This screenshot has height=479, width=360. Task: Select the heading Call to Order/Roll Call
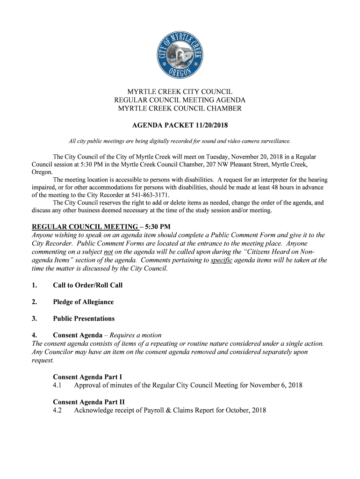pyautogui.click(x=87, y=285)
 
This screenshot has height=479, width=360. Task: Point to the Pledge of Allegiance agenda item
pyautogui.click(x=83, y=302)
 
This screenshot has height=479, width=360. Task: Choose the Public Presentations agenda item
pyautogui.click(x=84, y=319)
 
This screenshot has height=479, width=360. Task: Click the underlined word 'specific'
pyautogui.click(x=222, y=260)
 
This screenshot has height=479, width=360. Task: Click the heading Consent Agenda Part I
pyautogui.click(x=87, y=377)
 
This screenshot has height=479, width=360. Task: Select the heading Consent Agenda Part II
pyautogui.click(x=89, y=402)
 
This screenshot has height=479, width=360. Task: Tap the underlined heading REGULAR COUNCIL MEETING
pyautogui.click(x=85, y=226)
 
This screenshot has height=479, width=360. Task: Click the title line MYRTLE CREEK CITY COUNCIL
pyautogui.click(x=180, y=92)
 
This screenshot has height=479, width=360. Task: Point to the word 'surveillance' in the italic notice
pyautogui.click(x=274, y=141)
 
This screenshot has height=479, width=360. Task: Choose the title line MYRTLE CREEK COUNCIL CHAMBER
pyautogui.click(x=180, y=109)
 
